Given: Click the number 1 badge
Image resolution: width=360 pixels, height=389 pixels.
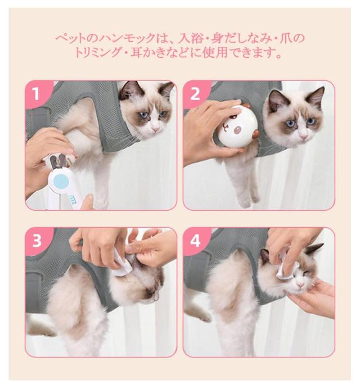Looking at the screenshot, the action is [37, 93].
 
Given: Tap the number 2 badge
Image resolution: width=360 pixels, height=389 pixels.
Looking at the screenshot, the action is [195, 94].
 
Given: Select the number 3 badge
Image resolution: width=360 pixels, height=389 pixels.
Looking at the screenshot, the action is [37, 241].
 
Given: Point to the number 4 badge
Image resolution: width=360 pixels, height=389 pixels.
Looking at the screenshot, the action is [195, 241].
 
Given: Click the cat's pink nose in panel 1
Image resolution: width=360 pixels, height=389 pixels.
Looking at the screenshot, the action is [155, 129].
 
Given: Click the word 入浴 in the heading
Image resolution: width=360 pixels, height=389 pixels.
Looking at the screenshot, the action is [189, 38].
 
